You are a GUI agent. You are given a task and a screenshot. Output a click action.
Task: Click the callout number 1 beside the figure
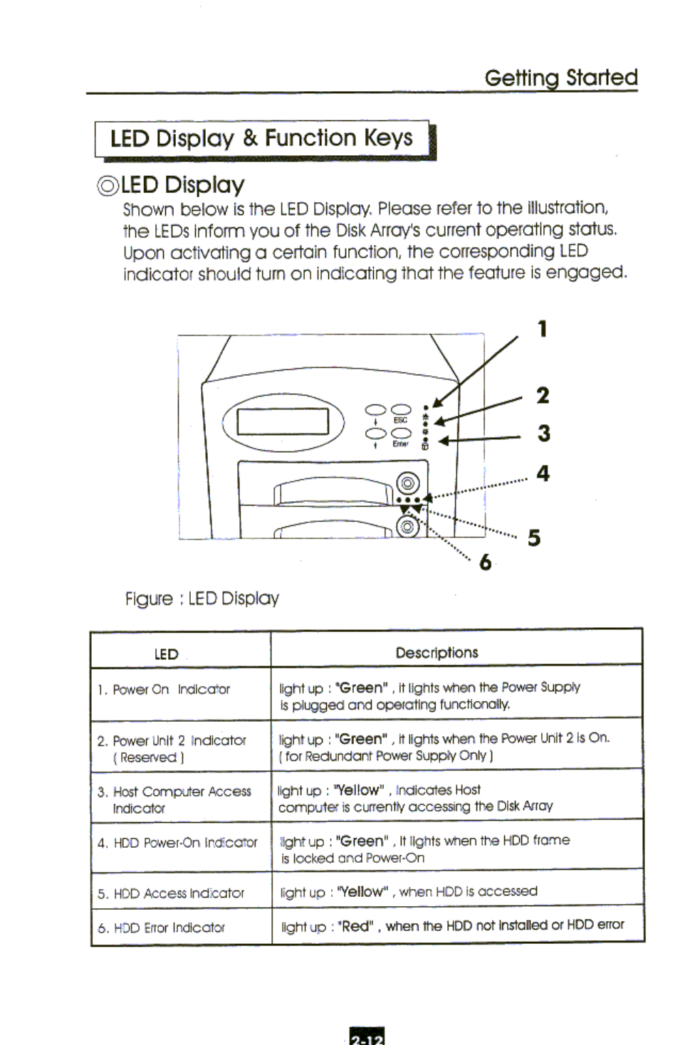point(543,329)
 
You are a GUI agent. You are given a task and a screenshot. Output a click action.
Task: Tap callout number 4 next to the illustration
point(543,473)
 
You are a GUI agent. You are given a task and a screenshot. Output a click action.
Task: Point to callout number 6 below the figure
point(485,562)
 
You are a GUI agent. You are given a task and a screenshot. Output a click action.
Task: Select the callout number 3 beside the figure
point(543,434)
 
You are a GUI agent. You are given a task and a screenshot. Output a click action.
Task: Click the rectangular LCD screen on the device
point(283,421)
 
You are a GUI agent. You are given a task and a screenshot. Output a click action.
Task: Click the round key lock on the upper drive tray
point(407,484)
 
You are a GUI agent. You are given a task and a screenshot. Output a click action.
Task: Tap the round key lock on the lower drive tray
point(407,527)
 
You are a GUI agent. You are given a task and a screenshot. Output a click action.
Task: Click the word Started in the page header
point(602,77)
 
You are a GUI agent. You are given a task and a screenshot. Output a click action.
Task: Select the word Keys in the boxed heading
point(388,137)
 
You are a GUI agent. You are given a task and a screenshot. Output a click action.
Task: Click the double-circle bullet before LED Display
point(108,186)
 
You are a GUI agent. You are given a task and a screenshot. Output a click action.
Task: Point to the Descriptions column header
point(437,653)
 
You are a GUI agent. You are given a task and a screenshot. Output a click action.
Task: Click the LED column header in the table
point(166,654)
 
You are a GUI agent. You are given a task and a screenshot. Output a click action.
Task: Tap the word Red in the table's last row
point(356,926)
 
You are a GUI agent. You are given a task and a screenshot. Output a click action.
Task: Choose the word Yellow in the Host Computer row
point(360,790)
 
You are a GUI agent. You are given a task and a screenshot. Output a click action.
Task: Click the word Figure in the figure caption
point(149,599)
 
